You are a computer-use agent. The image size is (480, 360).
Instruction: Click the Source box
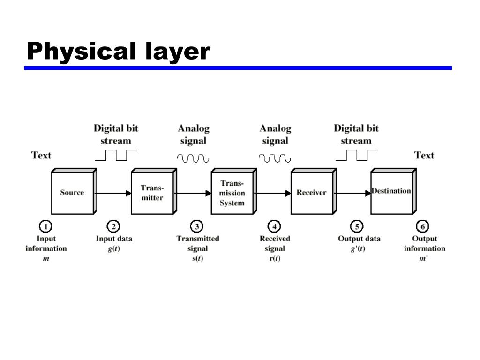72,193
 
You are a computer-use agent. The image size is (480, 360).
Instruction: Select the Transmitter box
152,193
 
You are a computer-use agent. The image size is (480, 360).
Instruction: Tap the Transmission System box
232,193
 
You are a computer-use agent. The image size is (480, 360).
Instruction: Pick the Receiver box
311,193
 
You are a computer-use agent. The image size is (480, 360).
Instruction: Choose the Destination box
391,192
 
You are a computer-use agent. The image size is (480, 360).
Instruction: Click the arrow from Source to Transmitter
113,193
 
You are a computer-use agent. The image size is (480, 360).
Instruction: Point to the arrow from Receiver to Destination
353,193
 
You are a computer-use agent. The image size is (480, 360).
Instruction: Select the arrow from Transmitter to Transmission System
194,193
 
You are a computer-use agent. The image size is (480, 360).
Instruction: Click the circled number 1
45,227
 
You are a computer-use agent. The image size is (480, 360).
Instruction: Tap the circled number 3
197,227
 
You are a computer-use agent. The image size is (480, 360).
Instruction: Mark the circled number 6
422,227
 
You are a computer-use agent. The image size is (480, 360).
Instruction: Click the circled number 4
275,227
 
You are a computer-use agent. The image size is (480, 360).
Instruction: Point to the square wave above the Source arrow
116,155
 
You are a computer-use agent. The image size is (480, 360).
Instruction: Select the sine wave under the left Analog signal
193,158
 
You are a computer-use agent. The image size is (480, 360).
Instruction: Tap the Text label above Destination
424,155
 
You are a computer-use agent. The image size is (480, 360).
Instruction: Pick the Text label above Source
41,155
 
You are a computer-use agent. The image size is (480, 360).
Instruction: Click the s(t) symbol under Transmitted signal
197,259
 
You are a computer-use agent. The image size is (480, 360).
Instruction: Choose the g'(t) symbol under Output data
358,249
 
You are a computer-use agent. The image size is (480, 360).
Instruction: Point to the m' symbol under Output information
423,259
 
